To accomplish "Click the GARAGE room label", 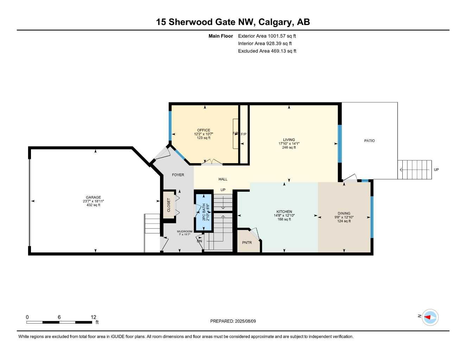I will click(x=94, y=197).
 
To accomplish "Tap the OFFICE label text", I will click(x=203, y=130).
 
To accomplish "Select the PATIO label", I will click(x=369, y=141).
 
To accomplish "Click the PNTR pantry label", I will click(x=247, y=243).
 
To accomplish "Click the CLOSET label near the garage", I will click(x=168, y=205).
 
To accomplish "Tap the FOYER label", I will click(x=178, y=175).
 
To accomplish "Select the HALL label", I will click(x=223, y=179).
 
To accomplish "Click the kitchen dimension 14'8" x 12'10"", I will click(x=284, y=216).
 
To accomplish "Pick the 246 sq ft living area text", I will click(x=289, y=148).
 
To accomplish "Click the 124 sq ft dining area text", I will click(x=344, y=221).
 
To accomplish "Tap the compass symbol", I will click(x=430, y=317).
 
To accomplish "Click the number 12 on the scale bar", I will click(x=93, y=317).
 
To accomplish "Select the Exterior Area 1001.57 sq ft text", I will click(x=267, y=36).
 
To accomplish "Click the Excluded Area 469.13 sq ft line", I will click(x=267, y=51).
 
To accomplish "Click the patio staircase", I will click(x=415, y=170).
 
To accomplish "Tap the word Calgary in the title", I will click(x=275, y=22).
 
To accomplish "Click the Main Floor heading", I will click(x=221, y=36).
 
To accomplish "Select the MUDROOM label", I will click(x=184, y=231).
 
